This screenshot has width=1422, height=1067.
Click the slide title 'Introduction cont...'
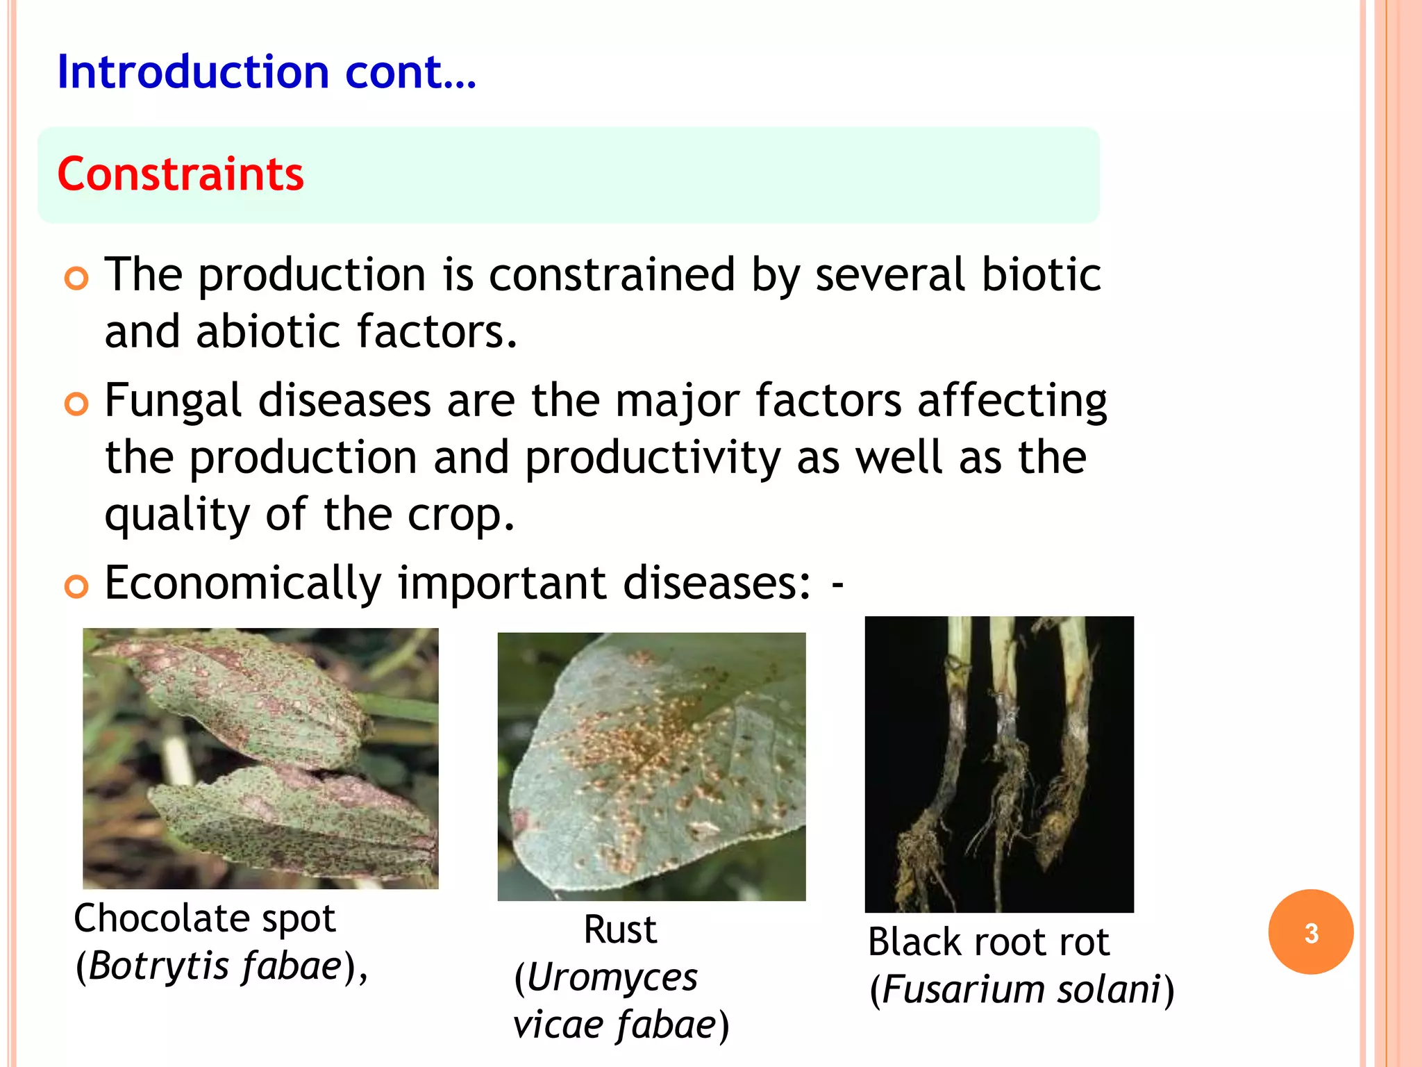tap(267, 72)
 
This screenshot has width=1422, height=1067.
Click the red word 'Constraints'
tap(181, 174)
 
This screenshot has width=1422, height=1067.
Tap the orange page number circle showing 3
tap(1310, 932)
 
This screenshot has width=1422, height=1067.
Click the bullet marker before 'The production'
tap(76, 279)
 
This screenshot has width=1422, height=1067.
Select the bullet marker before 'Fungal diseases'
tap(76, 404)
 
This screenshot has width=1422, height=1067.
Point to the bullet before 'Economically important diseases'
tap(76, 586)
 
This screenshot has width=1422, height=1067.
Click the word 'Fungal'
tap(173, 402)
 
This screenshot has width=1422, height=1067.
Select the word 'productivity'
tap(653, 458)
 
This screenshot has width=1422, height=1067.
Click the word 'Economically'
tap(243, 582)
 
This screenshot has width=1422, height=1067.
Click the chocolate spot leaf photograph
tap(260, 758)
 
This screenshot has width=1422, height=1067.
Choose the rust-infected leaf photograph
tap(651, 766)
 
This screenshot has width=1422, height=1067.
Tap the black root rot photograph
tap(998, 764)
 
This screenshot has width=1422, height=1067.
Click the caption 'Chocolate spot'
tap(205, 918)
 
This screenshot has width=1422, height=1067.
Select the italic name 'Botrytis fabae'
tap(215, 966)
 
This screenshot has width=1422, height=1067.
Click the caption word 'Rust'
tap(619, 929)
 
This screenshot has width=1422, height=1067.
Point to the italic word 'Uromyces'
tap(611, 978)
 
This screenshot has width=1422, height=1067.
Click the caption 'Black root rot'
tap(988, 943)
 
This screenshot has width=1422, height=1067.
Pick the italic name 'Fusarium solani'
tap(1021, 990)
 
